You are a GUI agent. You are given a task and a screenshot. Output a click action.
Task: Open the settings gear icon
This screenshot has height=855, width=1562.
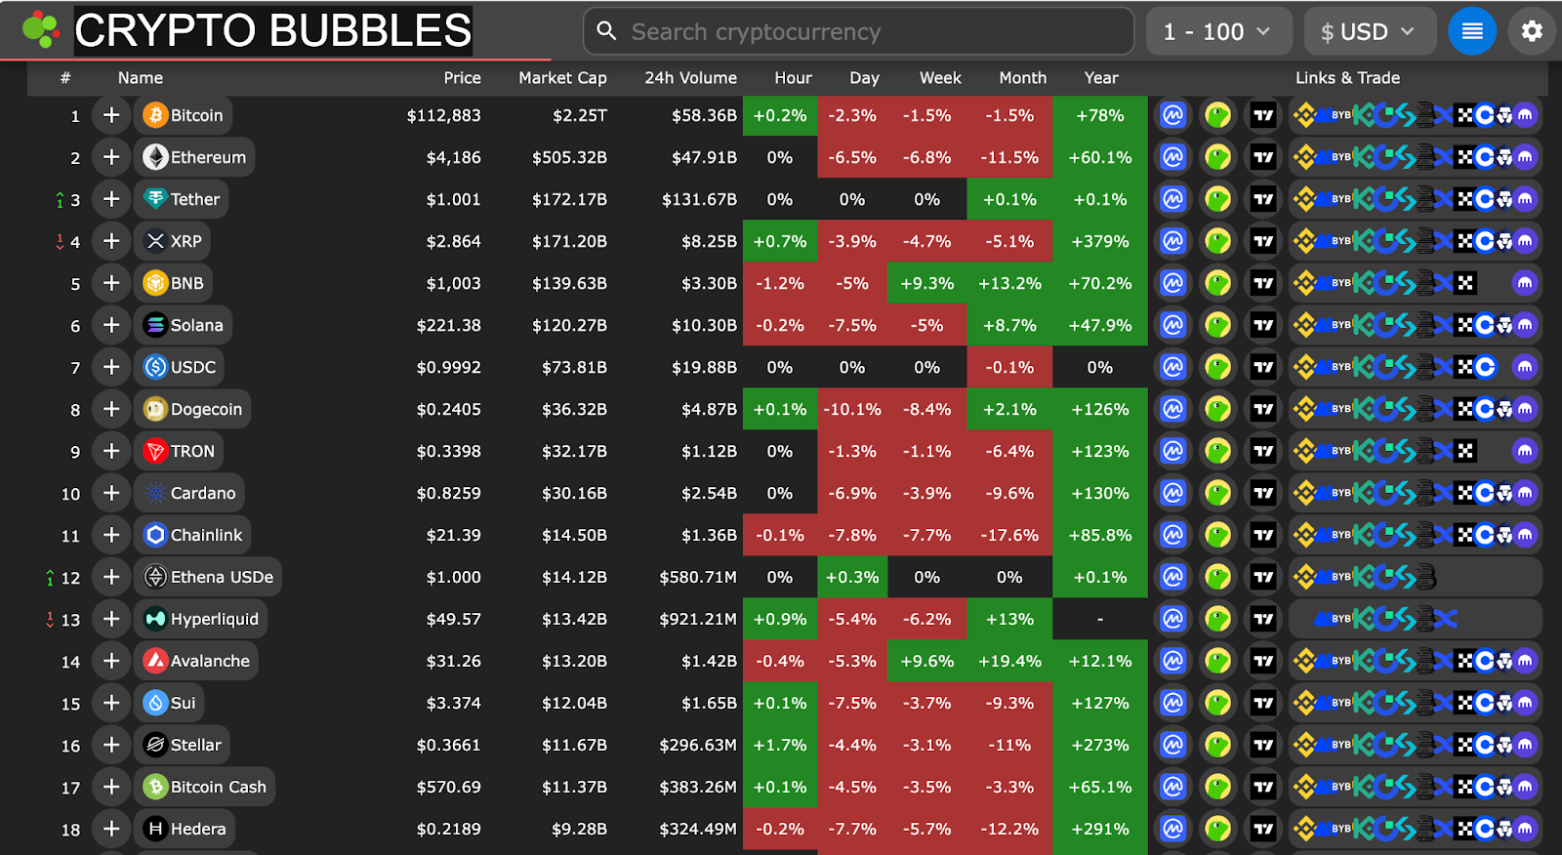pyautogui.click(x=1532, y=31)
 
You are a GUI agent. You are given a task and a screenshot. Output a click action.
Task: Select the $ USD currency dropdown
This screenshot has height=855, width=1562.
pyautogui.click(x=1369, y=32)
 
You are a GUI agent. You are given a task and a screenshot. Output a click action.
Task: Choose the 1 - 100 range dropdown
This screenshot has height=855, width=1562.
pyautogui.click(x=1217, y=32)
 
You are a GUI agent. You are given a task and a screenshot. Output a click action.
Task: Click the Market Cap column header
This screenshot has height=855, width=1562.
pyautogui.click(x=562, y=78)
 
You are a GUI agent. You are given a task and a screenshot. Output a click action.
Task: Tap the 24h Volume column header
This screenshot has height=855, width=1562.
pyautogui.click(x=690, y=78)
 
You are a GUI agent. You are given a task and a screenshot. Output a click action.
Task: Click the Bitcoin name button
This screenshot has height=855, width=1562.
pyautogui.click(x=184, y=115)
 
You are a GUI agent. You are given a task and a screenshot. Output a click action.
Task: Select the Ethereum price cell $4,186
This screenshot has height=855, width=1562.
pyautogui.click(x=453, y=157)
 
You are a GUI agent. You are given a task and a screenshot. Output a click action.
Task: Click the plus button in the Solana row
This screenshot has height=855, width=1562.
pyautogui.click(x=112, y=325)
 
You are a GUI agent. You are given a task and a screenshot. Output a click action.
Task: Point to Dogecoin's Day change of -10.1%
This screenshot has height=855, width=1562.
pyautogui.click(x=852, y=409)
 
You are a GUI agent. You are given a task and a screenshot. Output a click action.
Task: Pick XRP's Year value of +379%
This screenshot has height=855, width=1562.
pyautogui.click(x=1100, y=241)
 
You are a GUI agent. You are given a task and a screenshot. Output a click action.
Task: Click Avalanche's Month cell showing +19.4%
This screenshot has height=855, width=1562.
pyautogui.click(x=1009, y=661)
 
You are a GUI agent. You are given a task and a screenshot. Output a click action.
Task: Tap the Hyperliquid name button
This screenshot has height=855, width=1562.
pyautogui.click(x=201, y=619)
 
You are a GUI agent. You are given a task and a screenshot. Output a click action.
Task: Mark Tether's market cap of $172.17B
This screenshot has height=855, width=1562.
pyautogui.click(x=569, y=199)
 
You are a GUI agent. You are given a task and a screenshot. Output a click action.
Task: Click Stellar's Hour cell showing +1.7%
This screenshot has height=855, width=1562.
pyautogui.click(x=780, y=745)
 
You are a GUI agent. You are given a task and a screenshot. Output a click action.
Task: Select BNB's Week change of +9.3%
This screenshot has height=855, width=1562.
pyautogui.click(x=926, y=283)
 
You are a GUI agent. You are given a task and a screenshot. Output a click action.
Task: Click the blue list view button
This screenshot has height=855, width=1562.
pyautogui.click(x=1472, y=31)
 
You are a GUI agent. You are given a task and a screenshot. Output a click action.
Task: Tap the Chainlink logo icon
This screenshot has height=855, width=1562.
pyautogui.click(x=155, y=535)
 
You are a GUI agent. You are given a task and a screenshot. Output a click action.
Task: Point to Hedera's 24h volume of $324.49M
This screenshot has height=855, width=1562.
pyautogui.click(x=697, y=829)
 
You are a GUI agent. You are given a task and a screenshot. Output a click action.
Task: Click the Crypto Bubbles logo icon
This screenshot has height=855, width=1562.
pyautogui.click(x=41, y=29)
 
